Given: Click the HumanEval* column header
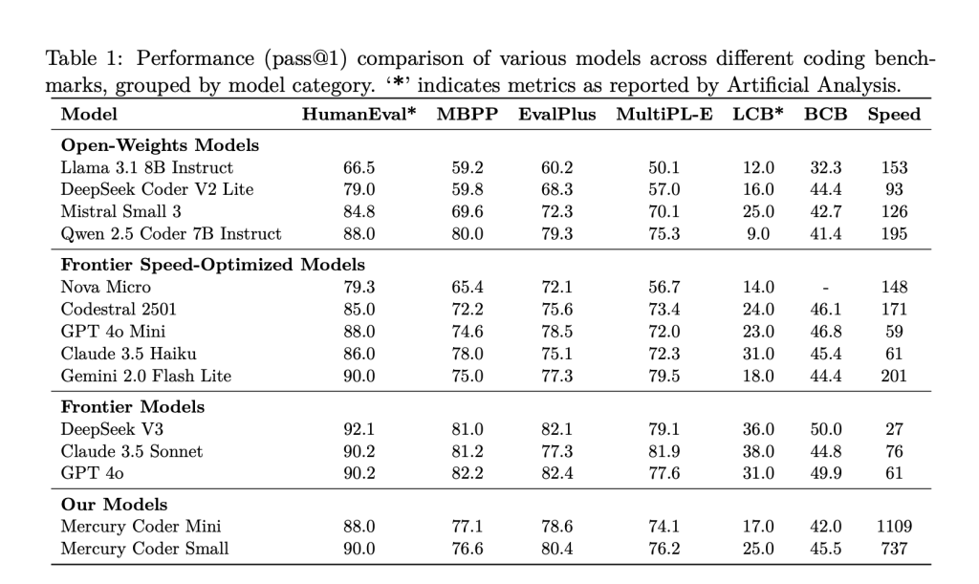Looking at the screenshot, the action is pyautogui.click(x=359, y=114).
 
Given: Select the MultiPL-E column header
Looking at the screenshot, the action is pyautogui.click(x=664, y=114).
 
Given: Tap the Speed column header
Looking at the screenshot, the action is pyautogui.click(x=894, y=115).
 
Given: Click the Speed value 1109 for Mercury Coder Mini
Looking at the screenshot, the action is pyautogui.click(x=894, y=527).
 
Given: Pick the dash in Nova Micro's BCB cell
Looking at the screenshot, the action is pyautogui.click(x=825, y=288).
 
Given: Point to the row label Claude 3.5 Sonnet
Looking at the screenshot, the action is pyautogui.click(x=132, y=451).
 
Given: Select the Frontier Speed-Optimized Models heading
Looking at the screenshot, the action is pyautogui.click(x=213, y=265).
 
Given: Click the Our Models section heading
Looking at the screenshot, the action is pyautogui.click(x=115, y=504).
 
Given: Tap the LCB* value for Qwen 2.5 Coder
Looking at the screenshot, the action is pyautogui.click(x=758, y=234).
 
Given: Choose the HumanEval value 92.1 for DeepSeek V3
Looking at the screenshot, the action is pyautogui.click(x=359, y=429).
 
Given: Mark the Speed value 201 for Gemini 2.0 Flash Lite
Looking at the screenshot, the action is pyautogui.click(x=894, y=377).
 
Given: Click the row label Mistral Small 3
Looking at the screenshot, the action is pyautogui.click(x=120, y=211).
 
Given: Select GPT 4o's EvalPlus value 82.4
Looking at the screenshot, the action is pyautogui.click(x=557, y=473).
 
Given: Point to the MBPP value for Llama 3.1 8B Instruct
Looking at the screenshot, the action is pyautogui.click(x=467, y=168).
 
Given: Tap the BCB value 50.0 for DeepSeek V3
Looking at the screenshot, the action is pyautogui.click(x=825, y=429).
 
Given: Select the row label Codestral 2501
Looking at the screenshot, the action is pyautogui.click(x=119, y=310).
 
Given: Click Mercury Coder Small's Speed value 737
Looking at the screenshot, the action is pyautogui.click(x=894, y=549).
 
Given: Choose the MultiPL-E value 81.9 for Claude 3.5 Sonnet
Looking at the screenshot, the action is pyautogui.click(x=664, y=452).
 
